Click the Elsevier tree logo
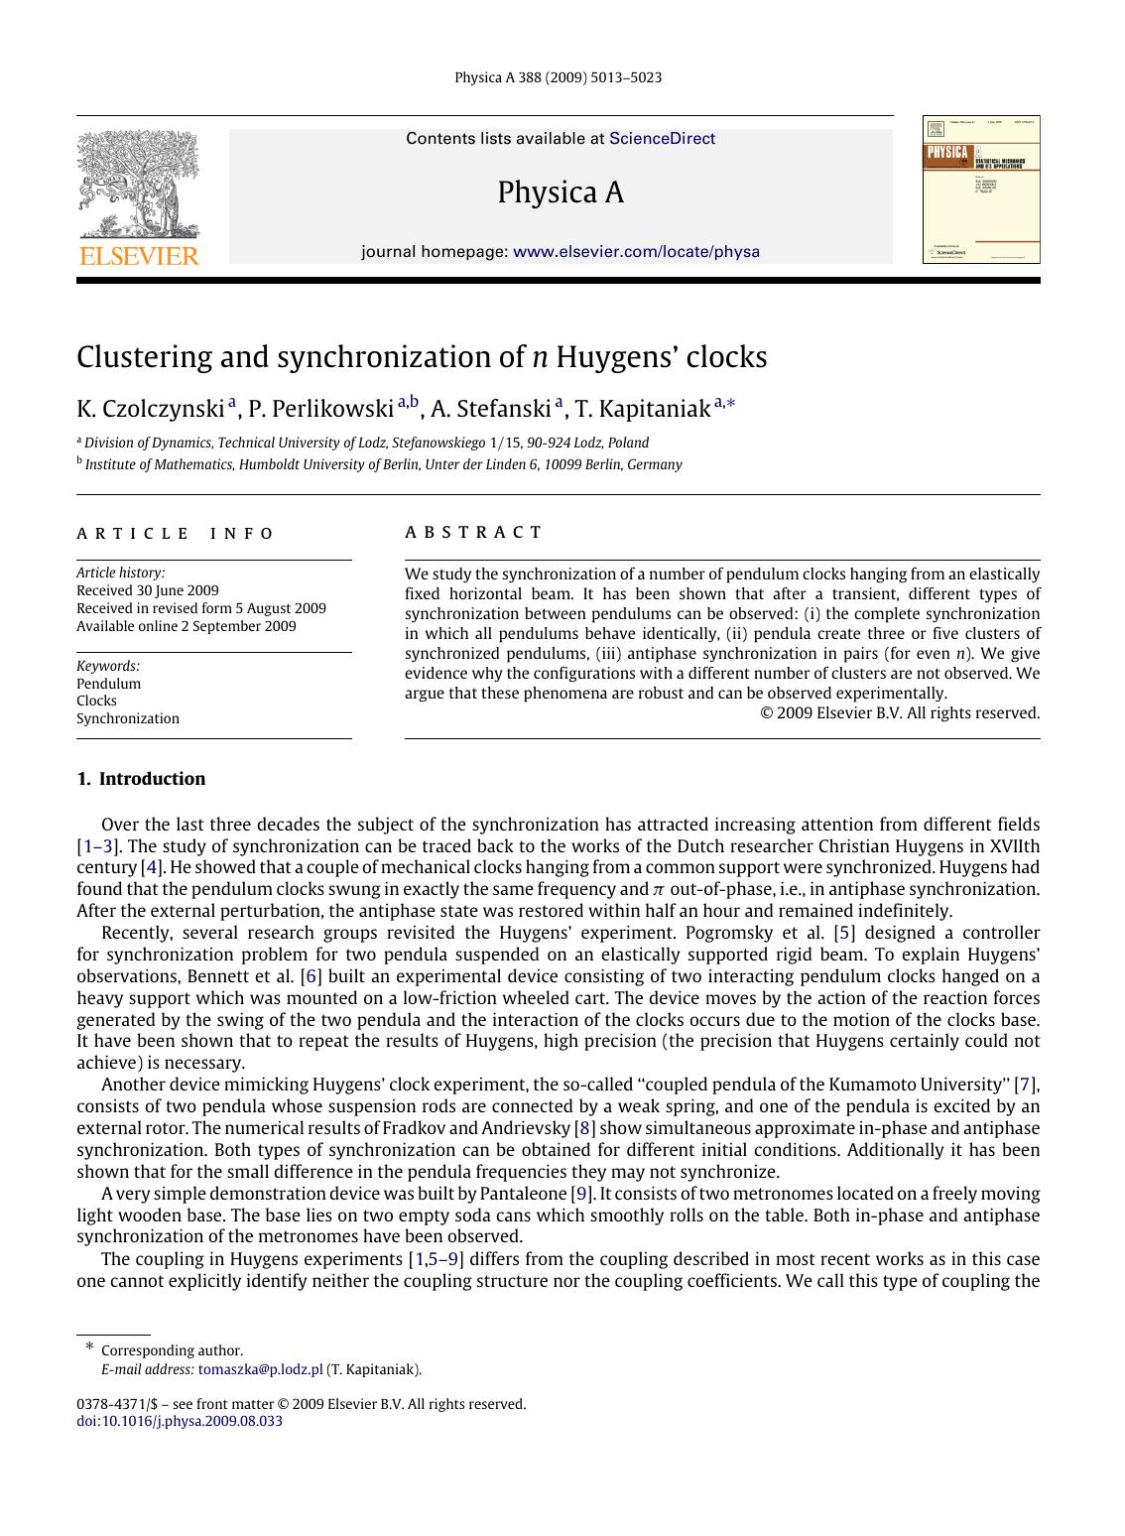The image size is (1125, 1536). pyautogui.click(x=139, y=189)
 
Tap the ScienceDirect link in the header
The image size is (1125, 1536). pyautogui.click(x=662, y=139)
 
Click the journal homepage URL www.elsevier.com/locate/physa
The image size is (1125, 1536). pyautogui.click(x=636, y=252)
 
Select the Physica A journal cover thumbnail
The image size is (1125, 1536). pyautogui.click(x=980, y=190)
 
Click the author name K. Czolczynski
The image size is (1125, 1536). pyautogui.click(x=151, y=409)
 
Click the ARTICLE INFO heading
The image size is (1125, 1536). pyautogui.click(x=176, y=534)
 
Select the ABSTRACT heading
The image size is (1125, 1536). pyautogui.click(x=473, y=533)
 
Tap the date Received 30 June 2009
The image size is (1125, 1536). pyautogui.click(x=148, y=590)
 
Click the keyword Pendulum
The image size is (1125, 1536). pyautogui.click(x=109, y=684)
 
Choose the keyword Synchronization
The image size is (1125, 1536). pyautogui.click(x=128, y=718)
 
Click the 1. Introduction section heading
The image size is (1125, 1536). pyautogui.click(x=141, y=779)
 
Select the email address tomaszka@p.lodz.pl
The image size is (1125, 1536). pyautogui.click(x=260, y=1369)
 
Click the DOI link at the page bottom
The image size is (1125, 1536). pyautogui.click(x=180, y=1421)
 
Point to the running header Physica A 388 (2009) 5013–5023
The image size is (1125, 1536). pyautogui.click(x=558, y=77)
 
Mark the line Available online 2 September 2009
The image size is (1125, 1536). pyautogui.click(x=187, y=626)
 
